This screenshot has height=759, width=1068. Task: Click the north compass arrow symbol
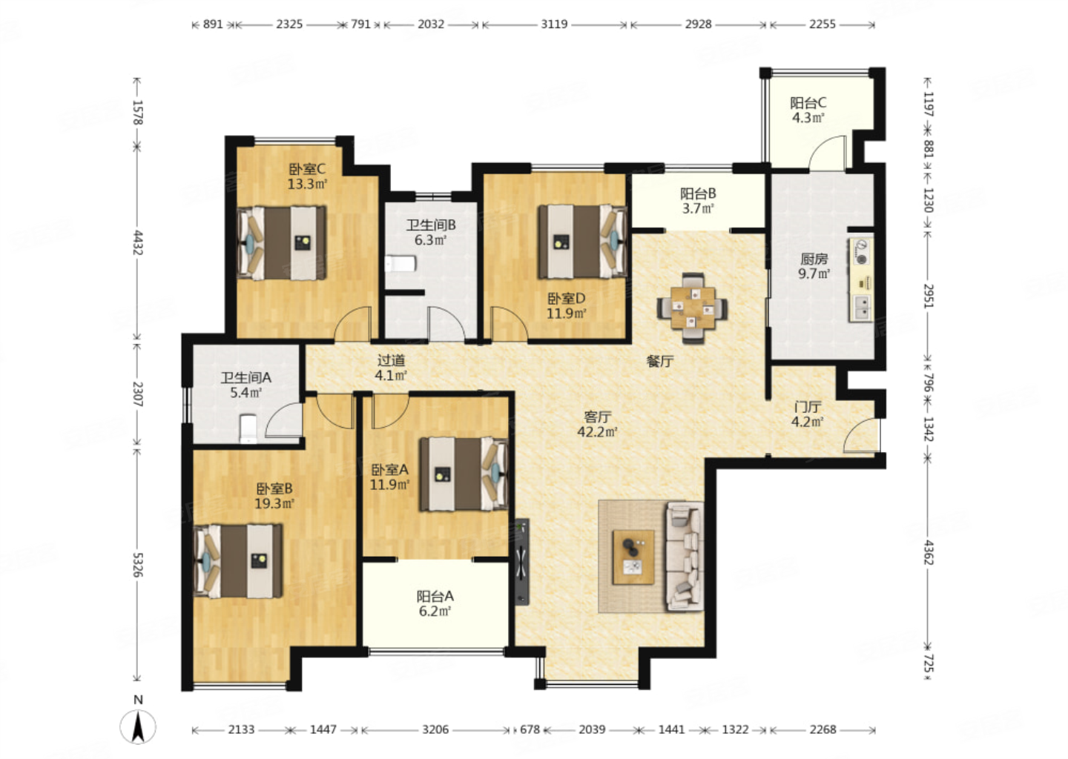pyautogui.click(x=138, y=726)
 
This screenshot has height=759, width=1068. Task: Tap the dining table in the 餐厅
pyautogui.click(x=693, y=308)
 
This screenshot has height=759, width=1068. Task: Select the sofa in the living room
pyautogui.click(x=685, y=556)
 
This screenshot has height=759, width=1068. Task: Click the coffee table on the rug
pyautogui.click(x=633, y=557)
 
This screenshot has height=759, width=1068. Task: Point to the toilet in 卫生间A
pyautogui.click(x=248, y=428)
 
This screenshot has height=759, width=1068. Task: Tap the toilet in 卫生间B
pyautogui.click(x=400, y=263)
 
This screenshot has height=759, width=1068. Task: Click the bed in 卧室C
pyautogui.click(x=282, y=243)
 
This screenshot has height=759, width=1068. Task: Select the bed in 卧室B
pyautogui.click(x=238, y=561)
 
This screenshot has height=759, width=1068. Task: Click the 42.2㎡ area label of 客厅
pyautogui.click(x=598, y=432)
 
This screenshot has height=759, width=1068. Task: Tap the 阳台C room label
pyautogui.click(x=808, y=103)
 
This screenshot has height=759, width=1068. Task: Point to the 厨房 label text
pyautogui.click(x=814, y=259)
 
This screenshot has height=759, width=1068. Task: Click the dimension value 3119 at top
pyautogui.click(x=554, y=24)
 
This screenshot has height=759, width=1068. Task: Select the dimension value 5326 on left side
pyautogui.click(x=137, y=565)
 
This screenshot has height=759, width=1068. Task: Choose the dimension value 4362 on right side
pyautogui.click(x=929, y=552)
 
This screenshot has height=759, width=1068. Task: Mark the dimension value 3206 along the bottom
pyautogui.click(x=435, y=729)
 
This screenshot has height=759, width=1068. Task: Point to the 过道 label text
pyautogui.click(x=391, y=361)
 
